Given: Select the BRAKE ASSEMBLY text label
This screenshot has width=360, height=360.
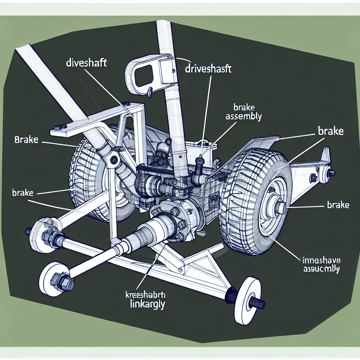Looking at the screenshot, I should coord(244,112).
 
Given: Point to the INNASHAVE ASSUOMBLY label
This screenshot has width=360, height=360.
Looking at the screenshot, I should coord(321,265).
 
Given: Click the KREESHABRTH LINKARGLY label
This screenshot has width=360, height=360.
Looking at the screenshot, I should coord(146,299).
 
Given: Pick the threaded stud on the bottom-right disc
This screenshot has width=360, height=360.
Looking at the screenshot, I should coord(258,302).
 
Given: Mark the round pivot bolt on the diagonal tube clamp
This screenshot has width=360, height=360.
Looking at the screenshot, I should coord(114,160).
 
